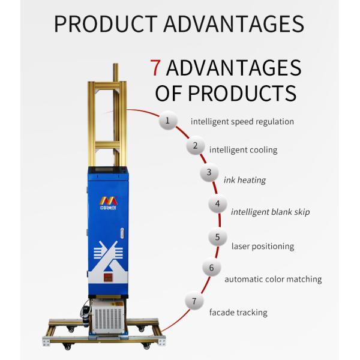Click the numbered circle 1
(168, 121)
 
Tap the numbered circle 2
(194, 146)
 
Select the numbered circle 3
(209, 173)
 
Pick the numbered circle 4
(217, 204)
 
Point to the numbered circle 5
(217, 238)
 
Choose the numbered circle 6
(211, 268)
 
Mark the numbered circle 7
(194, 301)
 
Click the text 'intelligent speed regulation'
(242, 121)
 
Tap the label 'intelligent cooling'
(243, 149)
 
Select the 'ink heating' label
(244, 180)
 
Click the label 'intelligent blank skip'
(270, 212)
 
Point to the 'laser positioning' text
(262, 246)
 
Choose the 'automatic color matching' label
(273, 279)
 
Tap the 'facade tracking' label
(238, 313)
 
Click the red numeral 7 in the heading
(155, 67)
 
